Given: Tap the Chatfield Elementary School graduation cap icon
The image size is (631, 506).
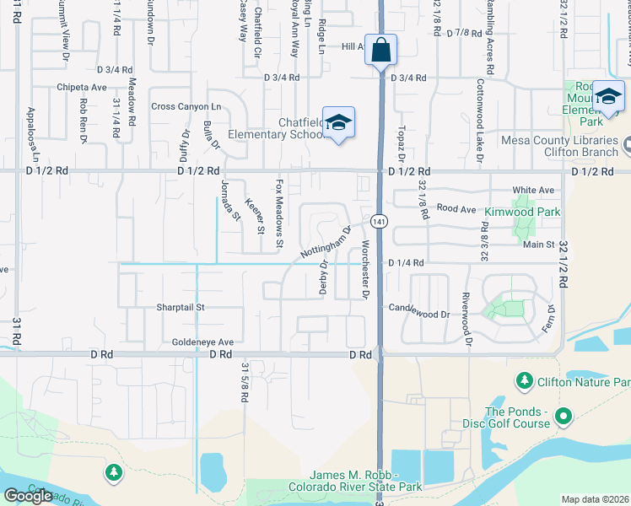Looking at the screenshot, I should point(338,122).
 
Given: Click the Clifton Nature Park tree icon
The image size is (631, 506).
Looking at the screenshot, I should point(525,383).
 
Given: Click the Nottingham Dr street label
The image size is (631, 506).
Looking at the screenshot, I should point(325,243).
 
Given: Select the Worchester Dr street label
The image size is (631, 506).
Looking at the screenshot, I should point(365,270).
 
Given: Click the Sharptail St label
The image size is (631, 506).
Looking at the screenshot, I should point(181,308).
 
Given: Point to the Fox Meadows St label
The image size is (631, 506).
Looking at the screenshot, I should point(279,214).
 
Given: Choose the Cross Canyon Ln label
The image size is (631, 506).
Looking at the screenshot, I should point(186,106).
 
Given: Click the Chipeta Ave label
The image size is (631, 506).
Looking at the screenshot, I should point(82,86).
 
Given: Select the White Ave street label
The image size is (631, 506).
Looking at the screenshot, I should point(533,190).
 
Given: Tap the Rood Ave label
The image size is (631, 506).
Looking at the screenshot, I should point(457,208).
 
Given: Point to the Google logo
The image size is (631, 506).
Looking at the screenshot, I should point(27,495).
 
